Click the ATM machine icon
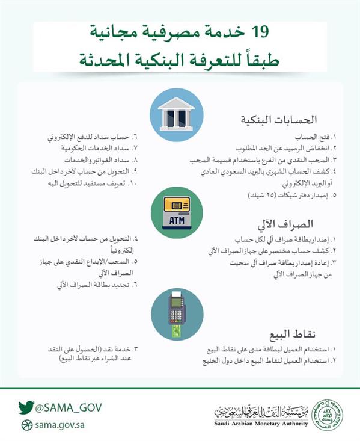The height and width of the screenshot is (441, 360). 177,214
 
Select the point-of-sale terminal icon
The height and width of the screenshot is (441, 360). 177,314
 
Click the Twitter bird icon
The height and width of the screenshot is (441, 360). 25,407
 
